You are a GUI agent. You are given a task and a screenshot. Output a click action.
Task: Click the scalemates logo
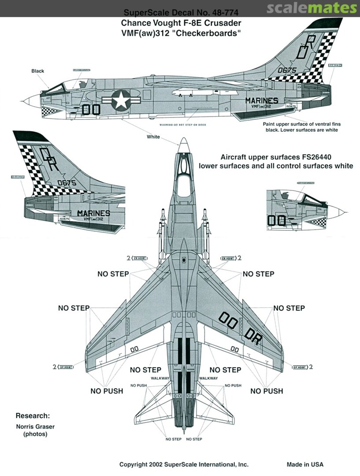coord(323,8)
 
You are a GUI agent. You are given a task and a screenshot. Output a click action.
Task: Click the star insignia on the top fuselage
coord(120,101)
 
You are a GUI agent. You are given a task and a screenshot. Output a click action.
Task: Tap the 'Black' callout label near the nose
coord(38,71)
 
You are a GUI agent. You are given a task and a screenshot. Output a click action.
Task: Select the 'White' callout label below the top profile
coord(153,137)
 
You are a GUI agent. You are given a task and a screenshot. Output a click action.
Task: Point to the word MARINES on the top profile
coord(262,100)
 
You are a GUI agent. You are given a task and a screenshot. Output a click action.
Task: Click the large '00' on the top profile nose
coord(92,109)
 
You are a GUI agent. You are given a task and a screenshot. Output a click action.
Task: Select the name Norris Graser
coord(35,426)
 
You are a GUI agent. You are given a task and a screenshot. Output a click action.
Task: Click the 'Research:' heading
coord(33,416)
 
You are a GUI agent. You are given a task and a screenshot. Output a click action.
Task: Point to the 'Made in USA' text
coord(305,465)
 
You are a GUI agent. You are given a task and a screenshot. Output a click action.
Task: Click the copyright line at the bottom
coord(184,465)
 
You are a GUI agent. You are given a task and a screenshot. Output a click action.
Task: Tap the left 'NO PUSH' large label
coord(107,391)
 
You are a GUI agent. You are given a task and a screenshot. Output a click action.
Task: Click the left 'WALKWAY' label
coord(160,378)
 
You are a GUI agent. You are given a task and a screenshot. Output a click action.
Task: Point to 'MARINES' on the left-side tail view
coord(93,213)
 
